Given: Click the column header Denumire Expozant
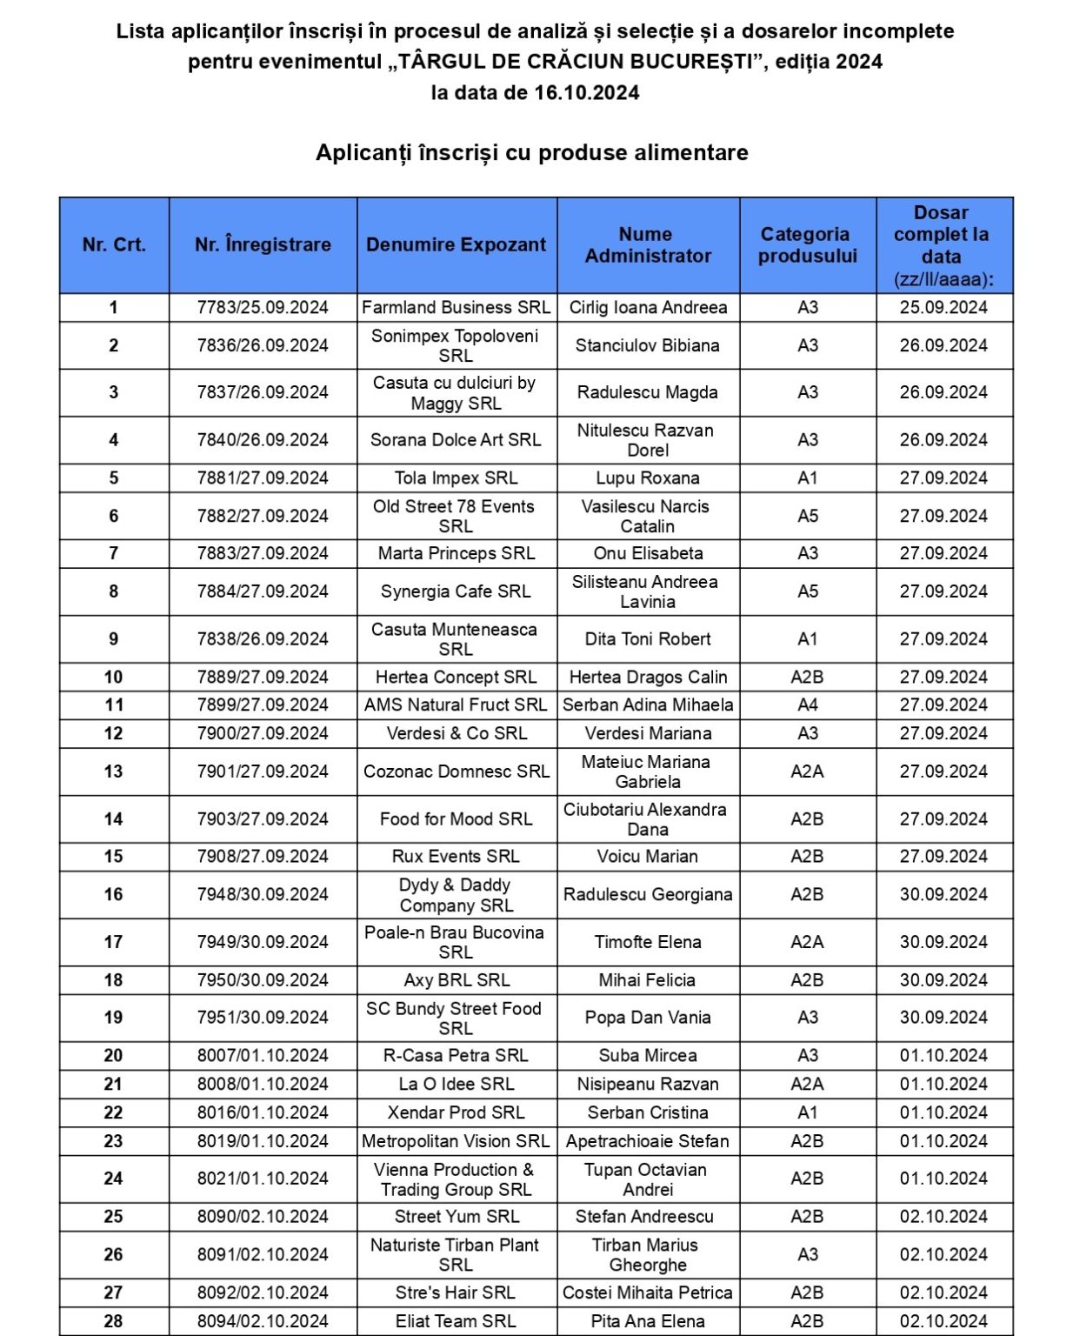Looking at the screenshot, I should [x=456, y=244].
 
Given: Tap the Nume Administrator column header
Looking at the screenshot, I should [x=647, y=244].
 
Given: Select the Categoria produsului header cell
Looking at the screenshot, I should [x=807, y=244].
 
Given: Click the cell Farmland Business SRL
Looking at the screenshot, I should [x=456, y=307].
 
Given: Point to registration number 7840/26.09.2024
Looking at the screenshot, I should [x=263, y=440].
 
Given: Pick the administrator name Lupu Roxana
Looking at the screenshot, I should [x=647, y=478].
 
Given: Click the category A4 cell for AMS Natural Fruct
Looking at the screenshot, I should [x=807, y=705].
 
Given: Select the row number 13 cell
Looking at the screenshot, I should [x=114, y=772].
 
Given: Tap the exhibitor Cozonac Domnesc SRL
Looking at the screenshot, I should [x=456, y=772].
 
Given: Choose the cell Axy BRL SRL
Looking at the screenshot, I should [x=456, y=980].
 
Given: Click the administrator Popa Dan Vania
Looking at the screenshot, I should [x=647, y=1018].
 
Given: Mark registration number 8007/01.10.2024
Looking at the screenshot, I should [x=263, y=1055].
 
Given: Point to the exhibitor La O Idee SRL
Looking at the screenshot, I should [x=456, y=1084].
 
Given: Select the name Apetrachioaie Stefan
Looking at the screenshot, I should [x=647, y=1141].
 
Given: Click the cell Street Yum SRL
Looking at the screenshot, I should [x=456, y=1216].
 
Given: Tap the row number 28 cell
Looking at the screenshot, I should [x=114, y=1321].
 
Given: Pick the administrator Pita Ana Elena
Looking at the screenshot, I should [x=647, y=1321].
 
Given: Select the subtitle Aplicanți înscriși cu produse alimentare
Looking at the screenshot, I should [x=531, y=153].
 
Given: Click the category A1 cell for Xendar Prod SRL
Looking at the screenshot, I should [x=807, y=1112].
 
